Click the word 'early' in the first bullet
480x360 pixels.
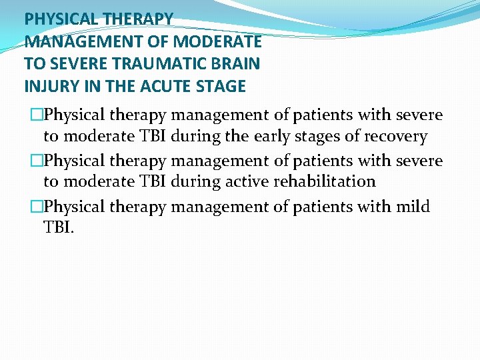(x=271, y=137)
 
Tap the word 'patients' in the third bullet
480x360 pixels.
(x=323, y=207)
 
